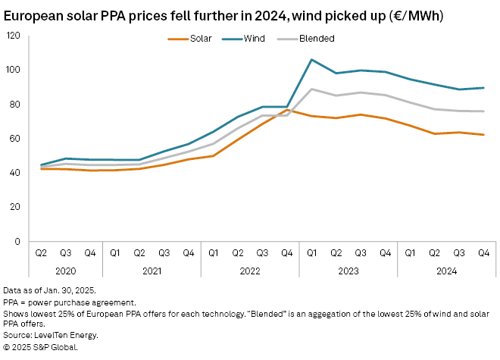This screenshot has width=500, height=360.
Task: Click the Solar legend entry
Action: pyautogui.click(x=195, y=39)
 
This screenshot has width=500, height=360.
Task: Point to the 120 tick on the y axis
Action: pyautogui.click(x=14, y=36)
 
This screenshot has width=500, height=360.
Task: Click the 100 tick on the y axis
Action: pyautogui.click(x=14, y=70)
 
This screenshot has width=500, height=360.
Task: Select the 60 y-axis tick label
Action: pyautogui.click(x=16, y=138)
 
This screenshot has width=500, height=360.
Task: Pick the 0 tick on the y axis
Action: pyautogui.click(x=19, y=241)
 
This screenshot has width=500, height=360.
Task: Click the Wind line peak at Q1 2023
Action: pyautogui.click(x=311, y=59)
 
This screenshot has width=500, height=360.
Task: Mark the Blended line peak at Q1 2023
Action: pyautogui.click(x=311, y=89)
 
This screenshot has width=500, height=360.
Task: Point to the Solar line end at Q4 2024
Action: pyautogui.click(x=484, y=135)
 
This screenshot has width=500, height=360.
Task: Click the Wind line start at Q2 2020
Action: pyautogui.click(x=42, y=164)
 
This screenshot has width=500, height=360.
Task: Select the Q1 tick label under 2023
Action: pyautogui.click(x=311, y=252)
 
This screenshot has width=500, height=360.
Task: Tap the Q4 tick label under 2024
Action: pyautogui.click(x=483, y=252)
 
